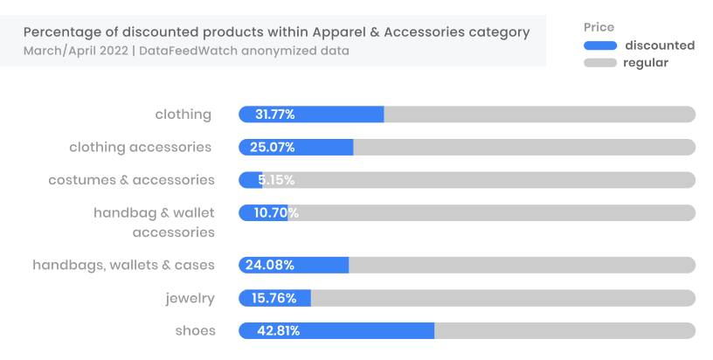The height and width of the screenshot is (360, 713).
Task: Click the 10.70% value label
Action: pos(276,212)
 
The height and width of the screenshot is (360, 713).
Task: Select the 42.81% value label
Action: pos(278,330)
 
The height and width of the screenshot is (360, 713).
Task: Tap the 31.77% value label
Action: pos(274,114)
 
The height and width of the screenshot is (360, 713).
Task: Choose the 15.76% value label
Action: pos(274,298)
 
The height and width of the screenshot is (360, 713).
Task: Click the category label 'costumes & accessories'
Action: pos(131,180)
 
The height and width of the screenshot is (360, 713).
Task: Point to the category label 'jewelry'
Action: pos(190,298)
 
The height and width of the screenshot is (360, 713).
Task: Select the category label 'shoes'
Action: pos(195,330)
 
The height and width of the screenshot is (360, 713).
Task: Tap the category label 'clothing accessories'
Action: pos(140,147)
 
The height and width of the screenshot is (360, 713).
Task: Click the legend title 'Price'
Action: pos(599,28)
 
